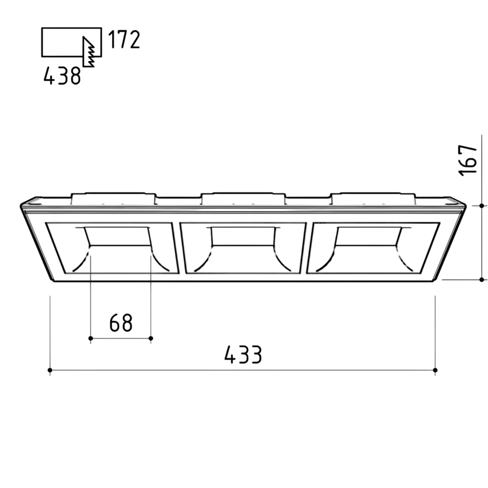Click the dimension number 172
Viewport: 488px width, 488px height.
click(124, 39)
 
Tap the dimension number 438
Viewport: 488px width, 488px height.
click(62, 76)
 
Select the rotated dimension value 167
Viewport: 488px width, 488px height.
click(468, 160)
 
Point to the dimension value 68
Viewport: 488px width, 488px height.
click(121, 323)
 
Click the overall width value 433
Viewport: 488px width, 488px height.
click(243, 354)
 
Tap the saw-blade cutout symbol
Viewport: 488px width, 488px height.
click(89, 52)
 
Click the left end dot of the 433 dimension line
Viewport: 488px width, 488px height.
click(50, 370)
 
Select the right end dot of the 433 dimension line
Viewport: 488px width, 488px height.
click(435, 370)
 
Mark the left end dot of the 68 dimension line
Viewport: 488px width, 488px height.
click(91, 338)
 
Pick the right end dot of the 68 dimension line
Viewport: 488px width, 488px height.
click(151, 338)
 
